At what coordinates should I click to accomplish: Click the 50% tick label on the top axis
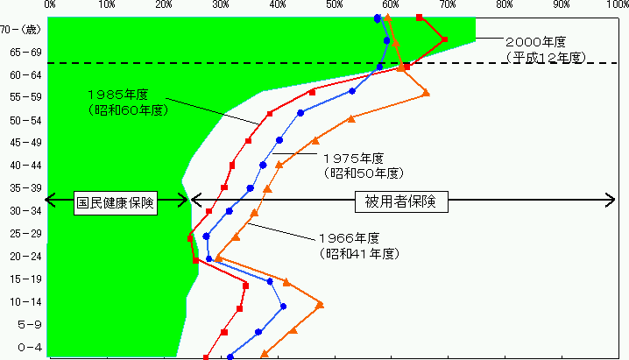pos(334,4)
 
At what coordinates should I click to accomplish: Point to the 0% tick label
pos(50,4)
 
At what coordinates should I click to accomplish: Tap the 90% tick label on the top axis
pos(562,4)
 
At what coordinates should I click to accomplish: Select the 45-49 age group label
pos(25,142)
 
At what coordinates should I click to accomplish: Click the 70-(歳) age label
pos(21,29)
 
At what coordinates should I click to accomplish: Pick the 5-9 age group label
pos(30,324)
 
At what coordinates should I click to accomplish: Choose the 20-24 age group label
pos(25,256)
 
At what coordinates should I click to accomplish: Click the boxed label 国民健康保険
pos(116,203)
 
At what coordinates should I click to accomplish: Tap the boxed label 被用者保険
pos(401,201)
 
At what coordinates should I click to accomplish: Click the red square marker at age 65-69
pos(444,39)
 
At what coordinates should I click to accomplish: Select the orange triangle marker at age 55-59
pos(426,93)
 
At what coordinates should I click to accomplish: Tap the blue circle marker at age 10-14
pos(283,307)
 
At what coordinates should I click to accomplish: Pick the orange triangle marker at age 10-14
pos(320,305)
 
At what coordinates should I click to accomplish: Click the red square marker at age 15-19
pos(246,286)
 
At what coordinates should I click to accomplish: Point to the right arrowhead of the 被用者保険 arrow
pos(611,200)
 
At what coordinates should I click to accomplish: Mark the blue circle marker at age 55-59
pos(352,91)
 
